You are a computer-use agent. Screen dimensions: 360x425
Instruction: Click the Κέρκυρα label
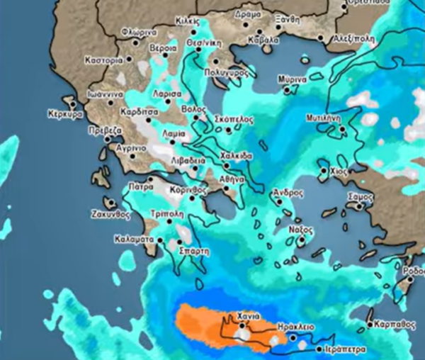pyautogui.click(x=65, y=113)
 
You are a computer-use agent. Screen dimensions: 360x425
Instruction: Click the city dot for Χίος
pyautogui.click(x=324, y=171)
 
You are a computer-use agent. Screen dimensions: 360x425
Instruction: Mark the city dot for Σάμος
pyautogui.click(x=359, y=206)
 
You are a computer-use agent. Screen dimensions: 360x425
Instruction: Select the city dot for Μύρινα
pyautogui.click(x=287, y=90)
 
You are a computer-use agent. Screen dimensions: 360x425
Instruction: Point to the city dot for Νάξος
pyautogui.click(x=300, y=241)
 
